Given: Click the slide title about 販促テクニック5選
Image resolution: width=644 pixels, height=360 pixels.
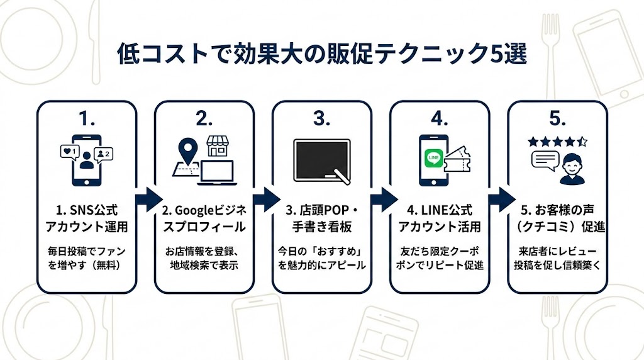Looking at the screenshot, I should pyautogui.click(x=321, y=53).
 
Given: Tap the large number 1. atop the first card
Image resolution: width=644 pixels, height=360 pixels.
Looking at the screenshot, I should pyautogui.click(x=86, y=118).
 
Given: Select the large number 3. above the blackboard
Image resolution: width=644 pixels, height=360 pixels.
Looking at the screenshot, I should pyautogui.click(x=321, y=118).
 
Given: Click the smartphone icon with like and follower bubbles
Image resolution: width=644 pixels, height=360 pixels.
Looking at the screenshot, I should pyautogui.click(x=86, y=159).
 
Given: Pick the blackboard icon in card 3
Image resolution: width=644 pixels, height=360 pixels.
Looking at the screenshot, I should pyautogui.click(x=321, y=160).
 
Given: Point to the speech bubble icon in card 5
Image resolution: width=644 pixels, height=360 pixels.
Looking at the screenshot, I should pyautogui.click(x=545, y=161).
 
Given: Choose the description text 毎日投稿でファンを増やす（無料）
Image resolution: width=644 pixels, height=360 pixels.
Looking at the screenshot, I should pyautogui.click(x=86, y=257).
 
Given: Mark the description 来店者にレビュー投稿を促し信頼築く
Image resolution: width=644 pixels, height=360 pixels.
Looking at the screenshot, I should pyautogui.click(x=557, y=257).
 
